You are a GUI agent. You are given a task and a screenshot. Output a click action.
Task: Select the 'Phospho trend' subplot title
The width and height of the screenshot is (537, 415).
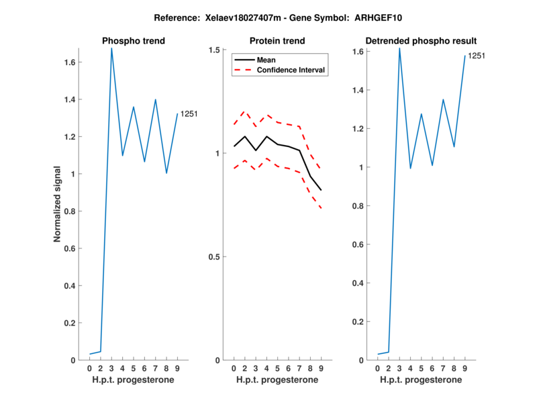pos(133,41)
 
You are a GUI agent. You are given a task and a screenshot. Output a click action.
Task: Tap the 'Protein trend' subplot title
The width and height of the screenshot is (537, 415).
pos(277,41)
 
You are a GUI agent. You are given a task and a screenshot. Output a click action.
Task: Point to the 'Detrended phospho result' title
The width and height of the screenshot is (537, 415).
pos(420,41)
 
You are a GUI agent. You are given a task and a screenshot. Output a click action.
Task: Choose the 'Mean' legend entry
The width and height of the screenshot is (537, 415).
pos(266,60)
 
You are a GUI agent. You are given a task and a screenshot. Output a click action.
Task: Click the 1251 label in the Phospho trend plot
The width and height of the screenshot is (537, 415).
pos(189,115)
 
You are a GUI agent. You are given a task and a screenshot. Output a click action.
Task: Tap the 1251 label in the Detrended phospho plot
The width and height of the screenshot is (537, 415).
pos(476,56)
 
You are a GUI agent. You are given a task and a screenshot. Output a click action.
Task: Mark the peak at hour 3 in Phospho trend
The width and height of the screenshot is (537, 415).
pos(111,48)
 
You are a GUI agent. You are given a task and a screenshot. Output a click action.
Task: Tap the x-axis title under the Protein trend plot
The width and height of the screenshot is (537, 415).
pos(277,379)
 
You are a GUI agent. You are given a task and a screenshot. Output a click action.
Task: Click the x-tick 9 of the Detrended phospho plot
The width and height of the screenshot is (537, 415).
pos(465,368)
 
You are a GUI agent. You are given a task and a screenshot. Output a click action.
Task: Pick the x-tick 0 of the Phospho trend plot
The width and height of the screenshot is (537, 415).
pos(90,368)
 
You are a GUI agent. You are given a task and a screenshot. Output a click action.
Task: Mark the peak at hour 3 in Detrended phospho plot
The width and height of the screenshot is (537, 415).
pos(399,48)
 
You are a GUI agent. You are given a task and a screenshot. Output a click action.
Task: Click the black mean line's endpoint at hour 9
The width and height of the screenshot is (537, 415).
pos(321,190)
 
